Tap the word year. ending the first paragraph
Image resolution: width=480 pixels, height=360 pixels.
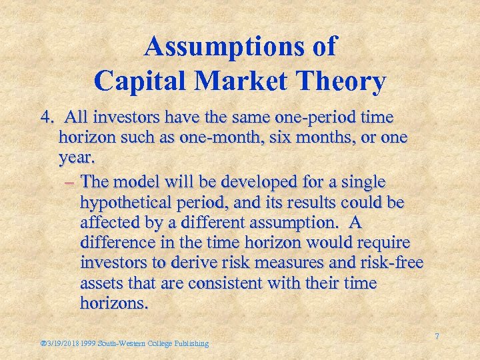(77, 160)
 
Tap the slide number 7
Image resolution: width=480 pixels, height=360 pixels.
(437, 337)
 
